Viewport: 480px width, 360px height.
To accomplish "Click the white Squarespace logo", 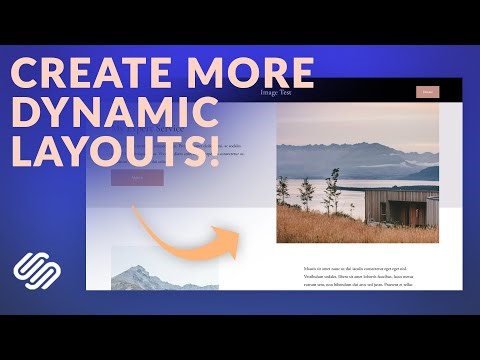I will (36, 271).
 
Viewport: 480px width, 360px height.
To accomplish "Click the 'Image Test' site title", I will (276, 92).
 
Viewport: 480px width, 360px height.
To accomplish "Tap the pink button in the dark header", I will (427, 92).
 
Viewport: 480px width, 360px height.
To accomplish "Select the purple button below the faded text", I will (137, 178).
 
